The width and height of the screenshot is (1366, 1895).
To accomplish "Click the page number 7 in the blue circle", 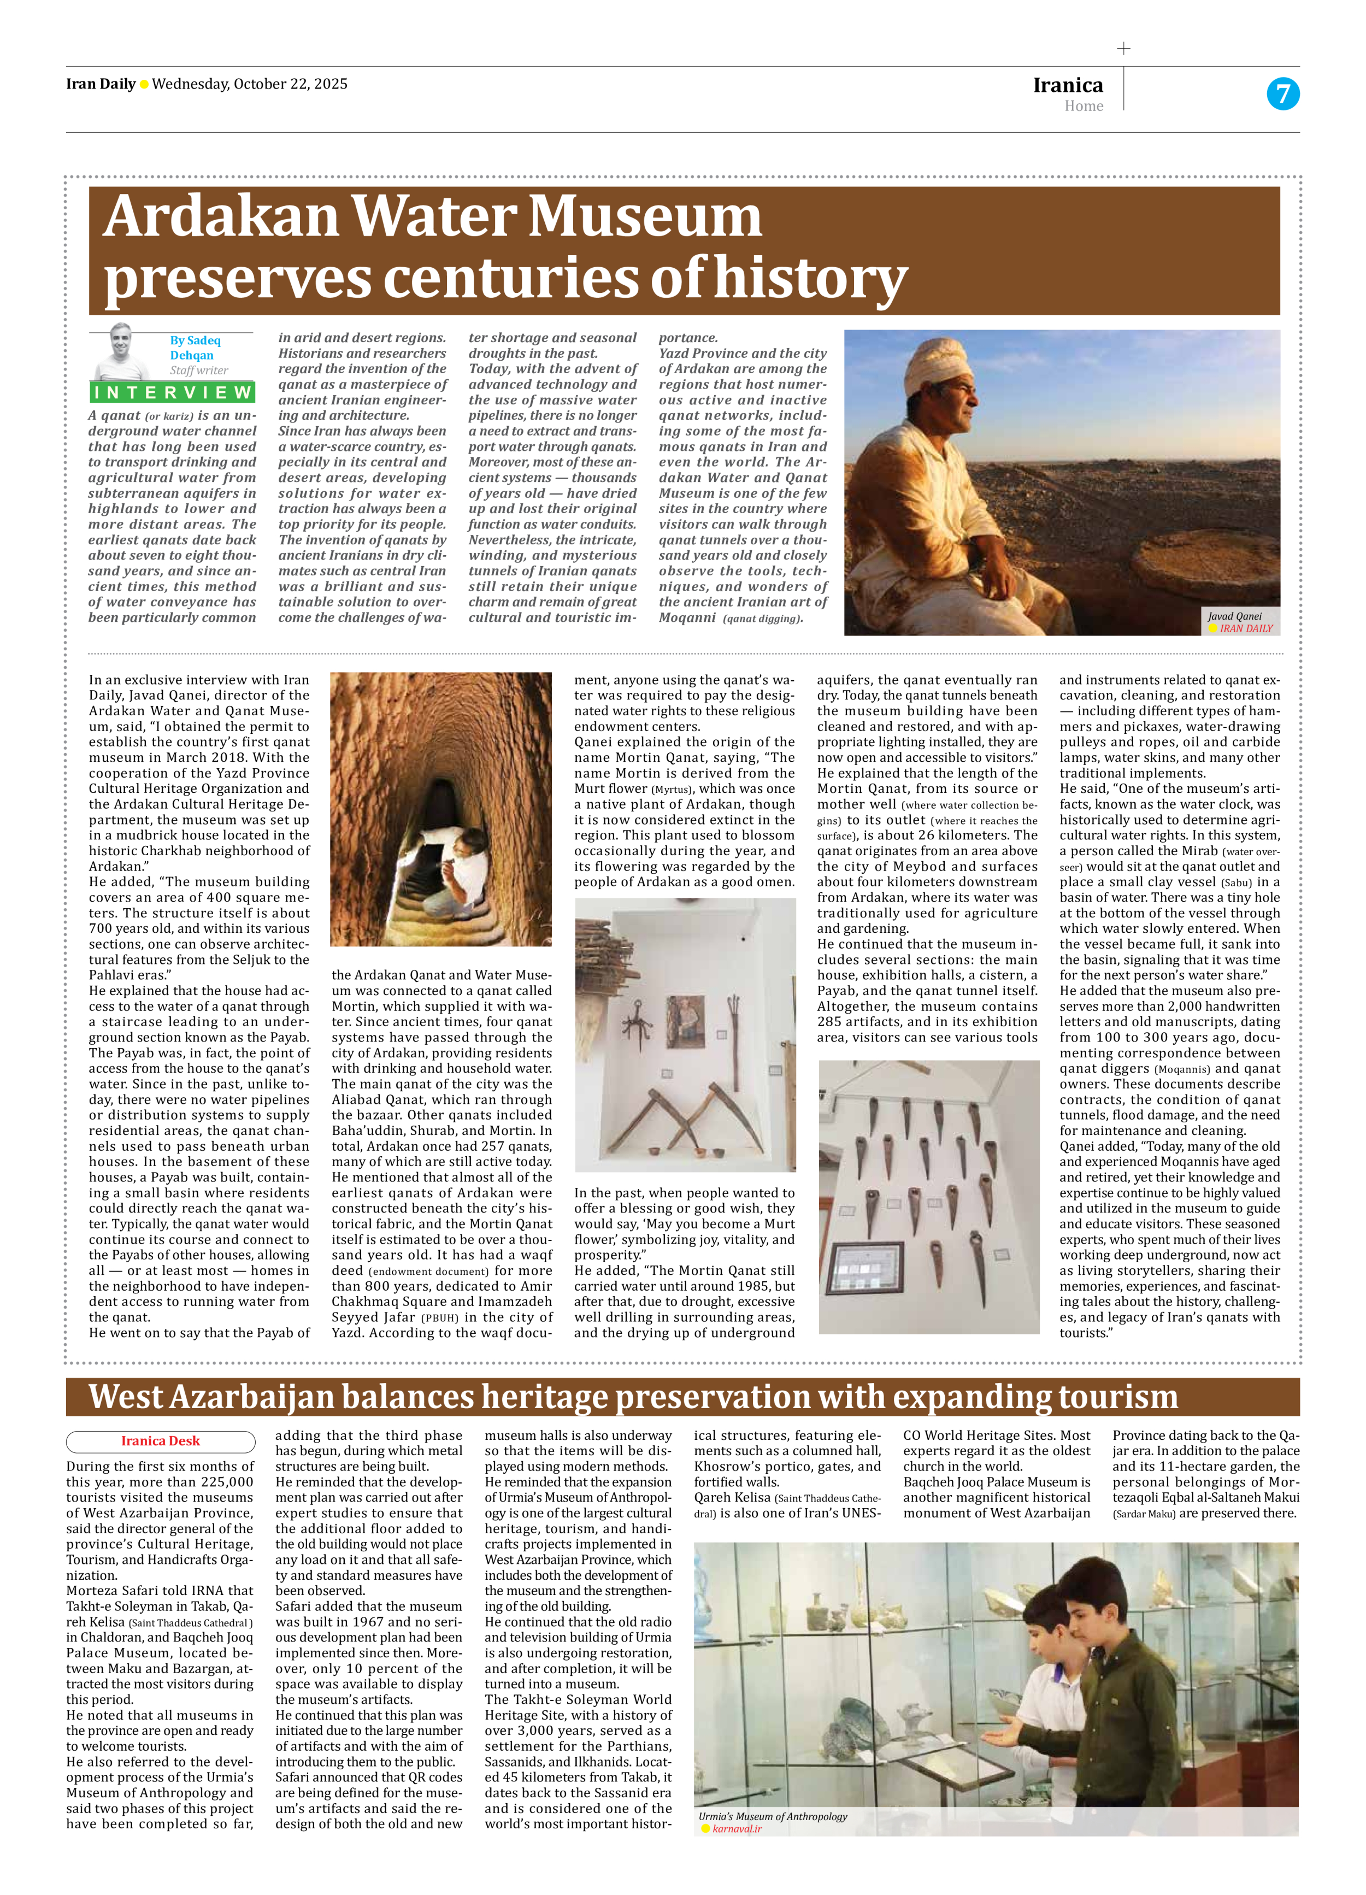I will (x=1282, y=93).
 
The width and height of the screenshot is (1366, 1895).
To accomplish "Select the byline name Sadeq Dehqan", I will (x=195, y=348).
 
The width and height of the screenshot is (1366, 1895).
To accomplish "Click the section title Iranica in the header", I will (x=1068, y=85).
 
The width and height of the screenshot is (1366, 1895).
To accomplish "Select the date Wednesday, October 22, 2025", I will (x=250, y=84).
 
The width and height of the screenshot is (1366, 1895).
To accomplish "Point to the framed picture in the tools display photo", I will (x=685, y=1022).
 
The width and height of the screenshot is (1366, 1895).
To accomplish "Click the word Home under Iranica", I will (x=1084, y=106).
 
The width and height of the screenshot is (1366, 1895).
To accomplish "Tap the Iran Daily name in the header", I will (x=100, y=84).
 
